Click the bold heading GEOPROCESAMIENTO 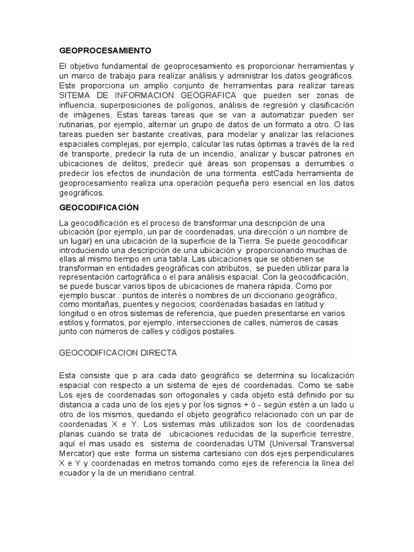[x=105, y=50]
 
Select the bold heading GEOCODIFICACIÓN [x=99, y=207]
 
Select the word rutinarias [x=76, y=123]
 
